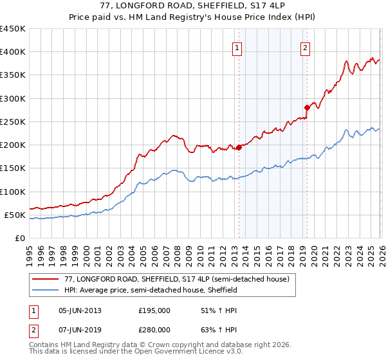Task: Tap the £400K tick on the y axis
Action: (x=12, y=52)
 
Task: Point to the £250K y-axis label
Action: (x=12, y=122)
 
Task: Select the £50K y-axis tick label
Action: (x=15, y=215)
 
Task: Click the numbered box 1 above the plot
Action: (x=237, y=48)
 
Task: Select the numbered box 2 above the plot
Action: (x=305, y=48)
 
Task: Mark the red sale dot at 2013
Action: (x=239, y=147)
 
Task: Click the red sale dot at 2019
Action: (x=307, y=108)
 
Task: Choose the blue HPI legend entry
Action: (x=151, y=290)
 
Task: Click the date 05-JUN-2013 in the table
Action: (x=80, y=310)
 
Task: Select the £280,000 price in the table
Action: (x=154, y=330)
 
